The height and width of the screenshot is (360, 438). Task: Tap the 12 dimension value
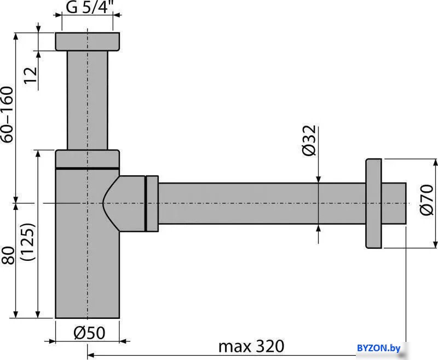click(x=31, y=75)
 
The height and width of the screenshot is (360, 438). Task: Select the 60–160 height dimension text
click(x=7, y=115)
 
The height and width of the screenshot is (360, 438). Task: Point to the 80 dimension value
click(x=8, y=255)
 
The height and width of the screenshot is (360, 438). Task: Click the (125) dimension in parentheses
click(x=29, y=242)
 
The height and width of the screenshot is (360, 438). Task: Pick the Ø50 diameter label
click(x=89, y=333)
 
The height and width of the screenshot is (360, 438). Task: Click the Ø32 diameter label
click(x=309, y=140)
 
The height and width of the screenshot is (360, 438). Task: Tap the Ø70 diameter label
click(x=427, y=199)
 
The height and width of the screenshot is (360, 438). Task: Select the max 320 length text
click(x=251, y=346)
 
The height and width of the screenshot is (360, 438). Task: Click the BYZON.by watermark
click(x=378, y=348)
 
